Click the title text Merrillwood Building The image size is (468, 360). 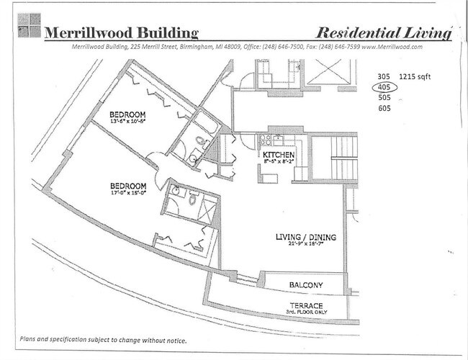point(120,32)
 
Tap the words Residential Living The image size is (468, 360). point(384,32)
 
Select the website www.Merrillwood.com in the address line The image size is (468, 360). point(388,46)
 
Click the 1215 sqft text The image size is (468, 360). point(415,76)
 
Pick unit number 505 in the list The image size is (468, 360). point(384,98)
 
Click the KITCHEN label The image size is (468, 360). point(279,155)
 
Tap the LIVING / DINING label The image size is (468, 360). point(306,238)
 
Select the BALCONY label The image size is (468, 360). point(306,286)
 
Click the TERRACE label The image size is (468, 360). point(307,305)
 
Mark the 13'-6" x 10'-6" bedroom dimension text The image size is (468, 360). point(128,122)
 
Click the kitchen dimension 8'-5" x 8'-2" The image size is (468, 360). point(279,162)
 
